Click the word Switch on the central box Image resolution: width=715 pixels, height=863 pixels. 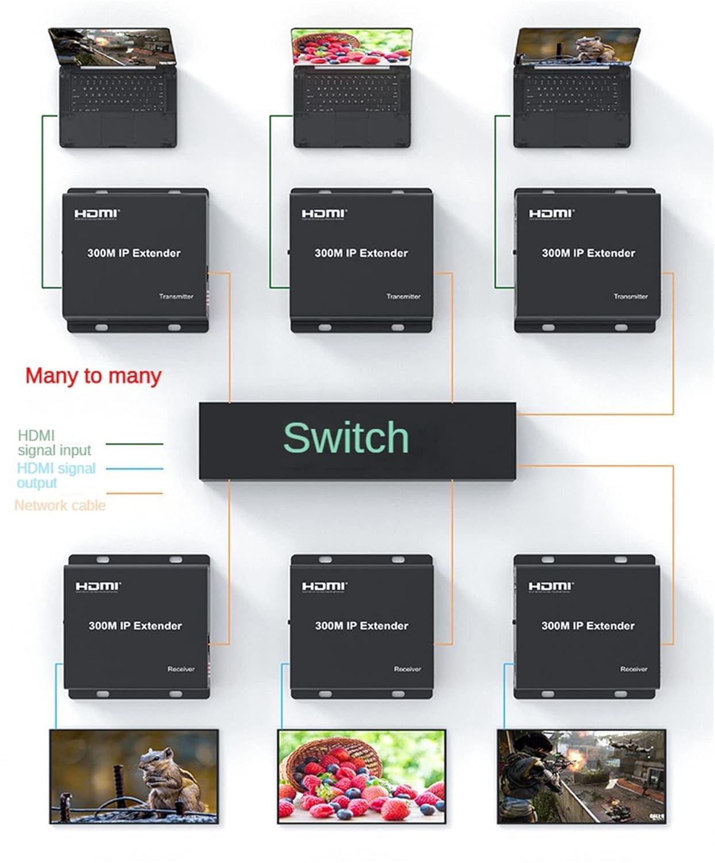[346, 438]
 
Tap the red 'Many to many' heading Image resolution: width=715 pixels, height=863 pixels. [93, 376]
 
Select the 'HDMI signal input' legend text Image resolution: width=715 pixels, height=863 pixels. [54, 443]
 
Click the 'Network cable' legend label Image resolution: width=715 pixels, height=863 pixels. [60, 506]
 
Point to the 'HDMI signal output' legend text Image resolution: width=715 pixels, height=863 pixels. [56, 475]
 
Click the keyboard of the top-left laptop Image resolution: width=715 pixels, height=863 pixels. [118, 93]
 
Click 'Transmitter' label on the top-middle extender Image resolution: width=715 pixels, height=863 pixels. [403, 297]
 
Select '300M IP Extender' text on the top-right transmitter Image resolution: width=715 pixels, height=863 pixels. [588, 253]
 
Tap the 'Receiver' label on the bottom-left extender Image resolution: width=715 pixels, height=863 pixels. [180, 669]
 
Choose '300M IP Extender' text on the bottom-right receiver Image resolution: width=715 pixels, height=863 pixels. [587, 626]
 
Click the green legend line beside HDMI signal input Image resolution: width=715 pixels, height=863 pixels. [134, 444]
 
